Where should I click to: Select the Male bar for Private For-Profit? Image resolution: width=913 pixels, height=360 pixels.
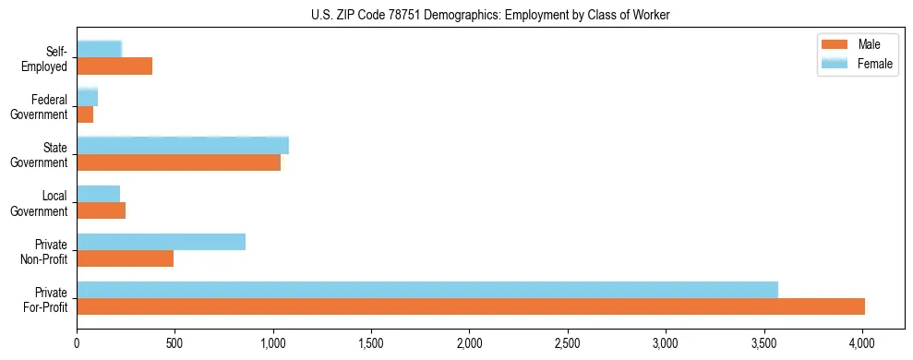click(471, 306)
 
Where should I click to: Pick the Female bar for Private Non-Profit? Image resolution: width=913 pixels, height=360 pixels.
click(162, 242)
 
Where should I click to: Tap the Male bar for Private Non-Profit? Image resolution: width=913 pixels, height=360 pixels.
click(126, 258)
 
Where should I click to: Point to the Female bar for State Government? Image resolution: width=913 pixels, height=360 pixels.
click(183, 145)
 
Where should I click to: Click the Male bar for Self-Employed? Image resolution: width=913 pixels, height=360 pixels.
click(114, 66)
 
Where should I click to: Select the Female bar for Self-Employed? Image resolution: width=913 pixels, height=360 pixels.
click(100, 49)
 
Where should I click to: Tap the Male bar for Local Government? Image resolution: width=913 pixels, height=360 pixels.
click(101, 210)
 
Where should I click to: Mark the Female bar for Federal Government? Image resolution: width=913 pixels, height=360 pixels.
click(88, 97)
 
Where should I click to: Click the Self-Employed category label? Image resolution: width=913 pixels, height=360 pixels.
click(49, 59)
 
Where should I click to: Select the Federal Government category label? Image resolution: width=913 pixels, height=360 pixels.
click(49, 107)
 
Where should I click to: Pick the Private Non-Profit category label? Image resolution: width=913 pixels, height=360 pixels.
click(49, 251)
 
